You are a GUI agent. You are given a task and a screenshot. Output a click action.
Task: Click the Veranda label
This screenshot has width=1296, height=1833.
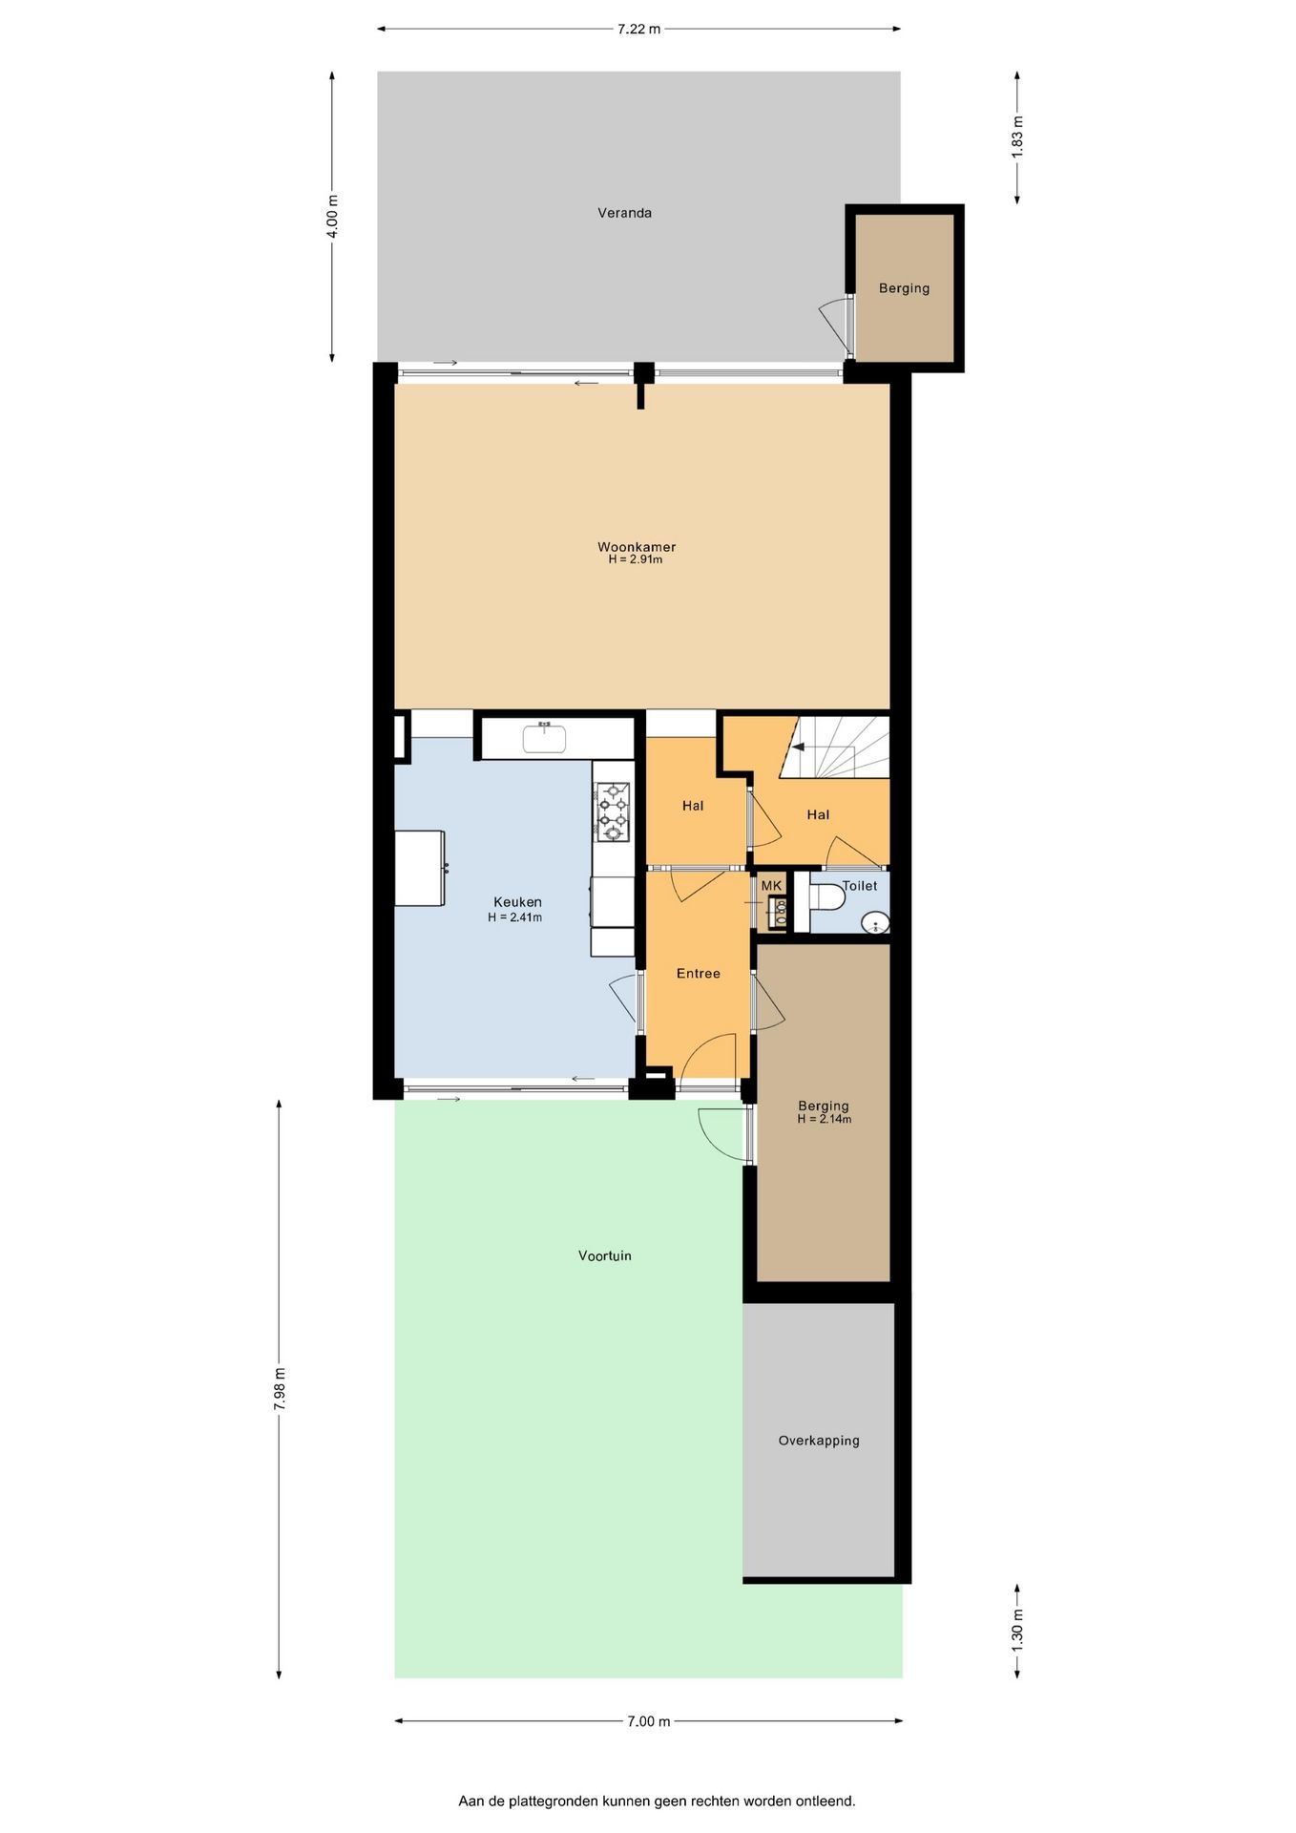coord(624,213)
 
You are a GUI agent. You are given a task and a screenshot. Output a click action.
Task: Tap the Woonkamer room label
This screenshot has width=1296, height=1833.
coord(637,547)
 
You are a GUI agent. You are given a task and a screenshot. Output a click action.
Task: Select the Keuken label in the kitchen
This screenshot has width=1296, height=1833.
coord(517,902)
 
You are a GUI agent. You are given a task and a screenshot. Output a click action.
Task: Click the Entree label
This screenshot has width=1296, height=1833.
coord(698,974)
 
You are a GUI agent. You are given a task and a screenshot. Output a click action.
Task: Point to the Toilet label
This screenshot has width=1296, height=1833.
coord(859,886)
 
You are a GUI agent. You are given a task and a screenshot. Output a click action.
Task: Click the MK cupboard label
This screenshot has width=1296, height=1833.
coord(771,886)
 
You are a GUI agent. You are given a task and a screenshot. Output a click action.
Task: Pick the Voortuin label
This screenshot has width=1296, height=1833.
coord(604,1256)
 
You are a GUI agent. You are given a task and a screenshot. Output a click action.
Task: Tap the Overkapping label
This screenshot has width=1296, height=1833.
coord(819,1441)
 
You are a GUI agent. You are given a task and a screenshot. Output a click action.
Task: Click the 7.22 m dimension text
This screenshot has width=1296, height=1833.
coord(638,29)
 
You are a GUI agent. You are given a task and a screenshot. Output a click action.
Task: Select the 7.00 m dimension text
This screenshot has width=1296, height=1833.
coord(649,1721)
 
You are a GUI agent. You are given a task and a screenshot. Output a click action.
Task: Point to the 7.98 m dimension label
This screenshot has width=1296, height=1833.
coord(280,1389)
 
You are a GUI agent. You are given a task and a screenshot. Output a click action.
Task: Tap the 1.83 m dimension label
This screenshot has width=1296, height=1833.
coord(1017,137)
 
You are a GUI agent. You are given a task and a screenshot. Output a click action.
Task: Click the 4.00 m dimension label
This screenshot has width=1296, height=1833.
coord(332,217)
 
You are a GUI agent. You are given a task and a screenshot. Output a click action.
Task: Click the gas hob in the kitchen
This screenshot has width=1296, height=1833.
coord(613,811)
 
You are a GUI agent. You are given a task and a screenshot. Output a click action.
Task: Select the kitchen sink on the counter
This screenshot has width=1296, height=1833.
coord(544,738)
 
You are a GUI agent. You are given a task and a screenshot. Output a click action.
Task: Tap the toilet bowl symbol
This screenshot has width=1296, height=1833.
coord(827,897)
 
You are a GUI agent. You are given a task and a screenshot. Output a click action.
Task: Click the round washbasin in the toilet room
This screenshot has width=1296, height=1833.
coord(875,922)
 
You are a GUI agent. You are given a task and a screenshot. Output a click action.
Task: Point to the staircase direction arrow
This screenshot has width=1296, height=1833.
coord(798,748)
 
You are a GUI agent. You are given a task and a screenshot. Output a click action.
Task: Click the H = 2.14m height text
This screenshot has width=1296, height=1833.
coord(825,1119)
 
